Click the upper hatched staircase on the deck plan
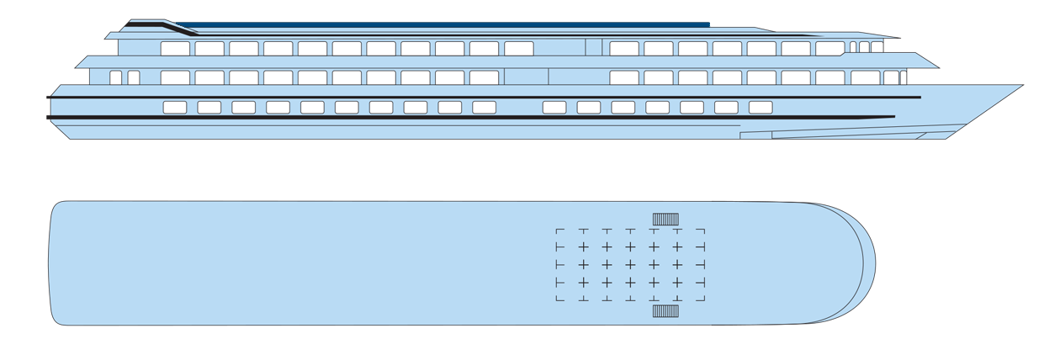click(665, 220)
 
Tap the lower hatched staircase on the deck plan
click(665, 311)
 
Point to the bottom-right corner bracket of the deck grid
click(701, 299)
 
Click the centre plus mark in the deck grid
click(629, 264)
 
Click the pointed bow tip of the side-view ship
click(1020, 87)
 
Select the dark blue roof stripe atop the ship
click(437, 25)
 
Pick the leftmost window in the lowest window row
click(175, 107)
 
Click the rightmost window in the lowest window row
click(761, 107)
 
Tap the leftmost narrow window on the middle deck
click(116, 77)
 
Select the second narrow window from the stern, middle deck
click(133, 77)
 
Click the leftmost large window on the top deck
click(175, 49)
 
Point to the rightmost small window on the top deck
click(877, 47)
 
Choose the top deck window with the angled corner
click(830, 49)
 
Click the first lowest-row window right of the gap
click(554, 107)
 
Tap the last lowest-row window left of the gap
click(484, 107)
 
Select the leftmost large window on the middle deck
click(175, 77)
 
